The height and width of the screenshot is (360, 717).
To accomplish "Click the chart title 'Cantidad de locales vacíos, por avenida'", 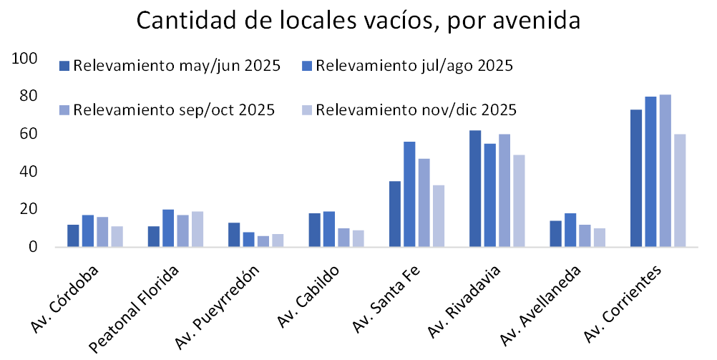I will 358,21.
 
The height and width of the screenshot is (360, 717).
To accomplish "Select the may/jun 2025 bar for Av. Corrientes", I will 636,178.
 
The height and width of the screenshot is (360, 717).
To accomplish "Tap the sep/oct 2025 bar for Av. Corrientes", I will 665,171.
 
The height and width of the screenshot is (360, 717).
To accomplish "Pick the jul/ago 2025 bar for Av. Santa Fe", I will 410,195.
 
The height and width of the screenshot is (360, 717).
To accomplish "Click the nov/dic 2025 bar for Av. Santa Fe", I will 439,216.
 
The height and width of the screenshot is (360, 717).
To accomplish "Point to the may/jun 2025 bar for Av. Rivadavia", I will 476,189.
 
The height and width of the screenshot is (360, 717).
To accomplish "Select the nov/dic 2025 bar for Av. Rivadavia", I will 520,201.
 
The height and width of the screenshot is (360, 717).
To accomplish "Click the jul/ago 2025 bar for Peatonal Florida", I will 169,228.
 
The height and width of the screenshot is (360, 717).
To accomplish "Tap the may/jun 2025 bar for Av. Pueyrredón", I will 235,235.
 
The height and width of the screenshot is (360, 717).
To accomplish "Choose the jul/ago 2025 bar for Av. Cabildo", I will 330,229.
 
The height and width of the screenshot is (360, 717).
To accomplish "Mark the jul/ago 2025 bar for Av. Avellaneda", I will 570,230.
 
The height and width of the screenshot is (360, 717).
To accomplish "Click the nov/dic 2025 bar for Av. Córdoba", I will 117,237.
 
